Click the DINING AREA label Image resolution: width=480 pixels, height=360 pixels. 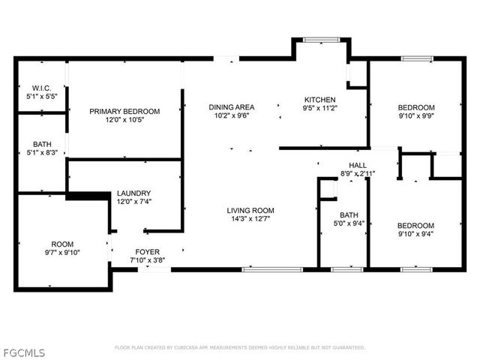[x=231, y=107]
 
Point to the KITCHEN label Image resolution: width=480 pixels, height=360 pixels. [x=319, y=100]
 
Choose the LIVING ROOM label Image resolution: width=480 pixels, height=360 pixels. [x=250, y=210]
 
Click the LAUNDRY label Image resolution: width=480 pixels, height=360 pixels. [x=133, y=193]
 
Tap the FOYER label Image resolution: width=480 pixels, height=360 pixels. [x=146, y=251]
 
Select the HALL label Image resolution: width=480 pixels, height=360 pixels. [x=357, y=165]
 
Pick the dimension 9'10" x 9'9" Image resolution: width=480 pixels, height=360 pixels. [x=415, y=116]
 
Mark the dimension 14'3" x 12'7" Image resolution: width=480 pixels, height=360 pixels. [x=250, y=219]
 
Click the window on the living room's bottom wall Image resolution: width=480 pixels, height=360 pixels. [x=262, y=268]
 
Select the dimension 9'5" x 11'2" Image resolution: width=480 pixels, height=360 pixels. [x=319, y=109]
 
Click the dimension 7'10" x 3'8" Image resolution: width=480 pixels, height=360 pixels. [x=146, y=260]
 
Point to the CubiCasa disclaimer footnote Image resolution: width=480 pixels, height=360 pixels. [x=239, y=347]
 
